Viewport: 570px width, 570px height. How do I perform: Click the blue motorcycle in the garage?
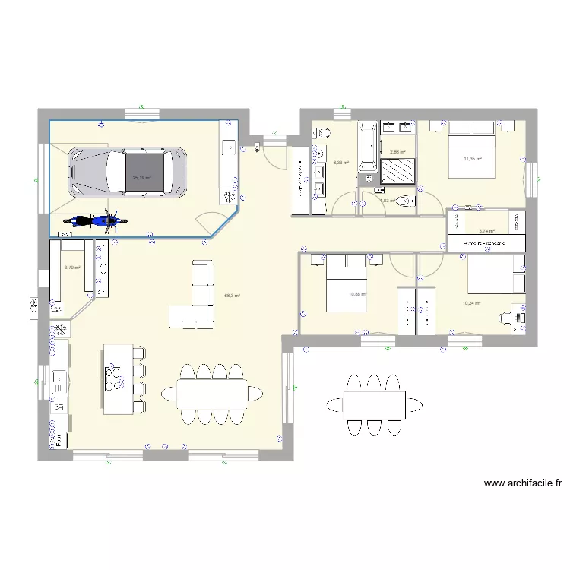94,221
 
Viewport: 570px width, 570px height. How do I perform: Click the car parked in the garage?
127,173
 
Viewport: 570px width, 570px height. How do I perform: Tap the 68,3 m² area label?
233,296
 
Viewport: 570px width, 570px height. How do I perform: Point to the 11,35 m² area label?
473,160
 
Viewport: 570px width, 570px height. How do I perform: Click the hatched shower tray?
397,172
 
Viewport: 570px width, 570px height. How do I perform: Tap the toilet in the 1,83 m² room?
405,201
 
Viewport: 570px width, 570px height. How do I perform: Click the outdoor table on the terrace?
372,404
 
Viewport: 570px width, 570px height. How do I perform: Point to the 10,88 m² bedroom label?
357,295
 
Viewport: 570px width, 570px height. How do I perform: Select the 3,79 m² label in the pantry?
72,268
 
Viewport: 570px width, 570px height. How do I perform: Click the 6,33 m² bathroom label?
340,162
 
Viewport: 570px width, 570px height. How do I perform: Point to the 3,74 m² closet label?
486,231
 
